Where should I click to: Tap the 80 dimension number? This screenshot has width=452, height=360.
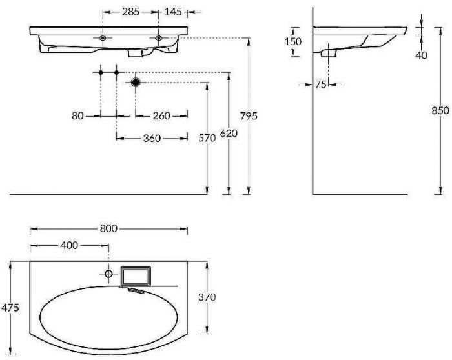point(78,116)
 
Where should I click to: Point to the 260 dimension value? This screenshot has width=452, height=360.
point(161,116)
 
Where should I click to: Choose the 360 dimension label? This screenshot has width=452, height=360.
point(153,138)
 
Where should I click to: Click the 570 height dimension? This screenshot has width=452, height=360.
point(207,138)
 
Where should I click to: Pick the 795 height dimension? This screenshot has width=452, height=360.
point(249,116)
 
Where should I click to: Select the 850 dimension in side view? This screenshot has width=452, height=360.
point(440,110)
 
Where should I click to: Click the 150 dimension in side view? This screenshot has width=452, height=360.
point(294,41)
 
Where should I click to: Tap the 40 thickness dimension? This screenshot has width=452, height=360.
point(421,55)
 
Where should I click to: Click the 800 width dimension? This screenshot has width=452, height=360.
point(109,229)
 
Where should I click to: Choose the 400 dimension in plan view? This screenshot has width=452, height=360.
point(69,245)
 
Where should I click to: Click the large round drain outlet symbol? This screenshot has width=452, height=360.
point(136,83)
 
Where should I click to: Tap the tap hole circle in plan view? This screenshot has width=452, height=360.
point(108,274)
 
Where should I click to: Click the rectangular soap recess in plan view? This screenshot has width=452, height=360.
point(135,276)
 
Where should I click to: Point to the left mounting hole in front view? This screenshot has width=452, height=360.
point(102,39)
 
